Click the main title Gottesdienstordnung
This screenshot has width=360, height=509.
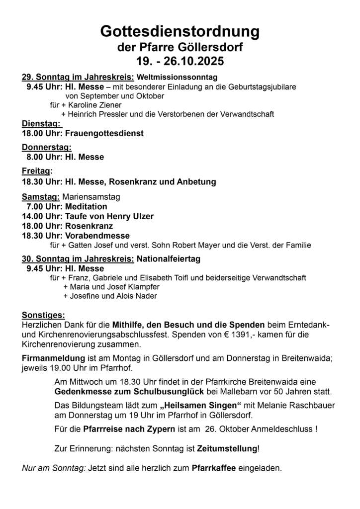(x=180, y=31)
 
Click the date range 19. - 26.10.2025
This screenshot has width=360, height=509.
(x=180, y=62)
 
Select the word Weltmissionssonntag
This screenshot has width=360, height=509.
(x=177, y=77)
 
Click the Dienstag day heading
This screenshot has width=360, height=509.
(x=41, y=124)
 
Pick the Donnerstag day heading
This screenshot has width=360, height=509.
(x=47, y=147)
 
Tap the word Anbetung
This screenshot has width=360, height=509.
(x=196, y=181)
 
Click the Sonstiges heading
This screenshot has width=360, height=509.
(x=43, y=315)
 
